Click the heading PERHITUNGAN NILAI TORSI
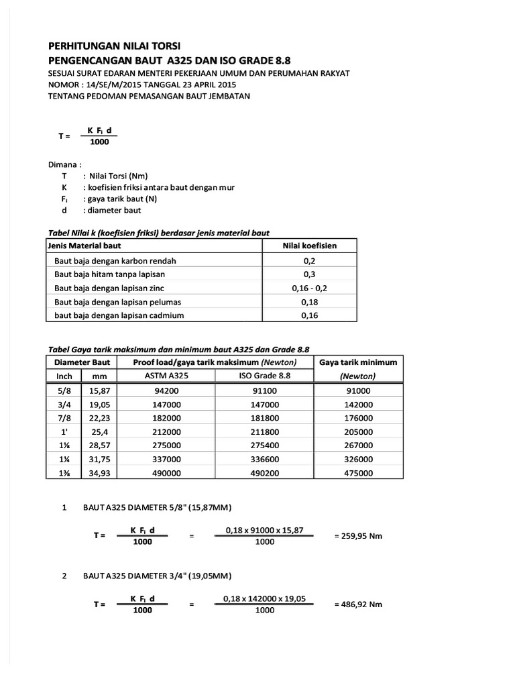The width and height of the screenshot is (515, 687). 115,47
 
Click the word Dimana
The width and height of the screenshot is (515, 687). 64,164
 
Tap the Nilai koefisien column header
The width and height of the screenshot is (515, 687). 309,246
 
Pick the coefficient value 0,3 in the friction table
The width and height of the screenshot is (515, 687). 309,274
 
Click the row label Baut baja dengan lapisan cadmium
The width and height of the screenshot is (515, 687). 119,315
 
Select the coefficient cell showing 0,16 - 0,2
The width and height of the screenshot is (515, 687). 309,287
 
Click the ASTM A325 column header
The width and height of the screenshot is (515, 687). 166,376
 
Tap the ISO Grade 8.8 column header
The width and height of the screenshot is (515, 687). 264,376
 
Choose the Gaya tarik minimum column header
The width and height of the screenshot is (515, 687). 358,362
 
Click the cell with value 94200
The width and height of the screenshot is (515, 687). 166,390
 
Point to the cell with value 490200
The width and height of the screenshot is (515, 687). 264,473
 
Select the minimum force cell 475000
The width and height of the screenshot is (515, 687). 358,473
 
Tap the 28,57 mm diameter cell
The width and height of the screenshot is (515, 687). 99,445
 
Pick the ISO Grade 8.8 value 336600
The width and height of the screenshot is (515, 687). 264,459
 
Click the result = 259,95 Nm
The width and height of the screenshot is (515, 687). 358,536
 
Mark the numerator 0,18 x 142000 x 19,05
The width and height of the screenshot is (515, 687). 264,598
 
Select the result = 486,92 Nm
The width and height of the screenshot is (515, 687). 358,604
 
